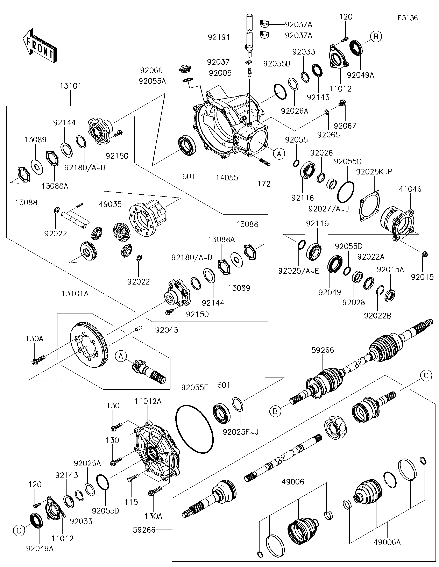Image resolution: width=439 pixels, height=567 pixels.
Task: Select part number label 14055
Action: [x=227, y=178]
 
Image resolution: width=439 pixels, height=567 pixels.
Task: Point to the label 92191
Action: [x=219, y=37]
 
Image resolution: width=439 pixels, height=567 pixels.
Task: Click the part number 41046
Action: [x=410, y=189]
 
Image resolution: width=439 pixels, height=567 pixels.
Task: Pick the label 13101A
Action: [x=75, y=294]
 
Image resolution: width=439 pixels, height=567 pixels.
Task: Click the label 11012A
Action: [x=148, y=401]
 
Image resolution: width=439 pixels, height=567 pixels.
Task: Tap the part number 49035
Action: [x=110, y=204]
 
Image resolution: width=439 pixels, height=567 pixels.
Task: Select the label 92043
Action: [x=167, y=330]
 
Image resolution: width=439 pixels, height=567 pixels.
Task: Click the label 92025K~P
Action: [x=374, y=172]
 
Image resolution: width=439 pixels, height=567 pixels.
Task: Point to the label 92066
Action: [x=151, y=70]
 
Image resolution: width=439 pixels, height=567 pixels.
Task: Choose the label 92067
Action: [x=345, y=126]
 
